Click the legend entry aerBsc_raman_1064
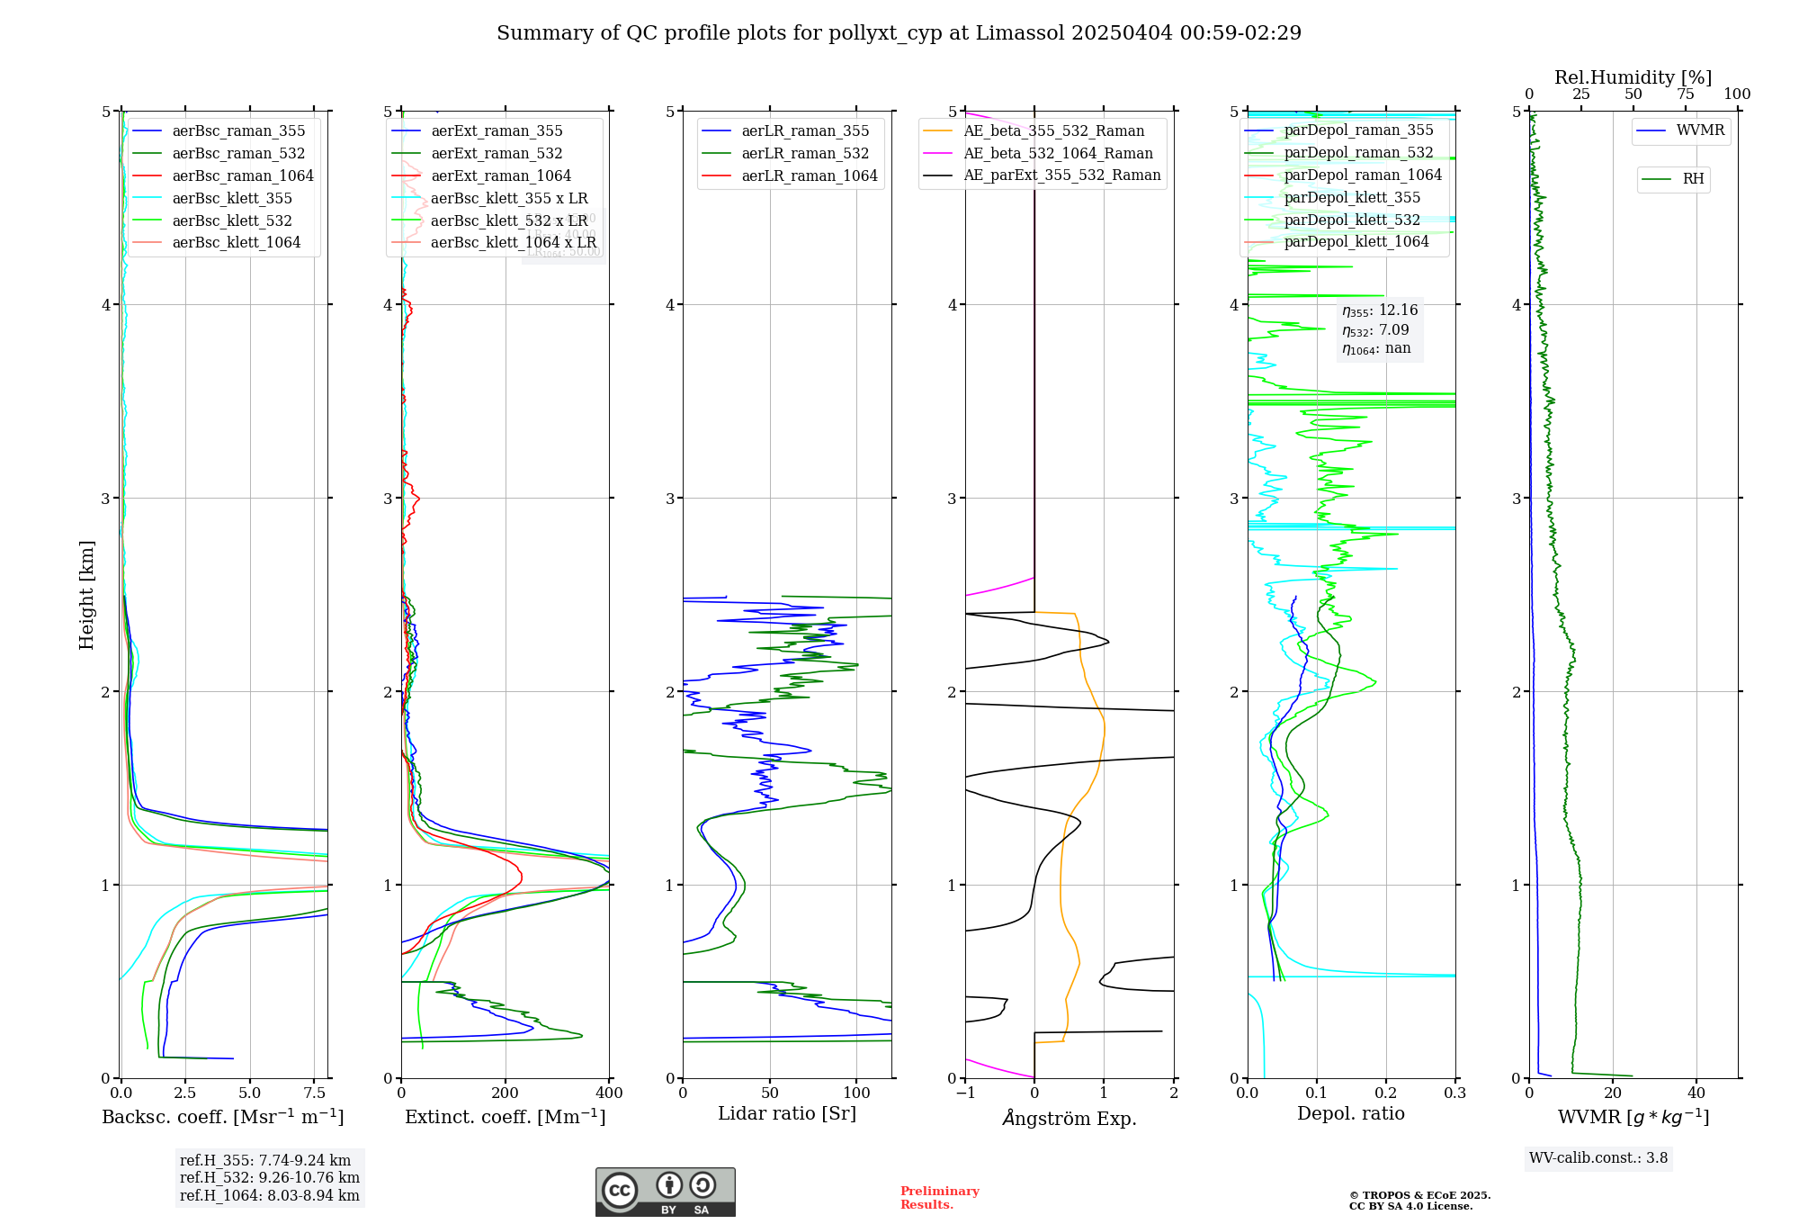click(x=243, y=175)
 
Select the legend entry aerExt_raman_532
click(x=497, y=153)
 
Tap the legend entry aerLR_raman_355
click(x=805, y=130)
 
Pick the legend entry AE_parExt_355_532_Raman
click(x=1061, y=175)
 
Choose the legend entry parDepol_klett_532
click(x=1352, y=220)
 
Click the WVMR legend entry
click(x=1700, y=130)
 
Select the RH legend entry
click(x=1693, y=179)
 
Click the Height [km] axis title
click(x=86, y=595)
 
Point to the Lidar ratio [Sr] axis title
click(x=787, y=1113)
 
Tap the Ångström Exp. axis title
click(x=1070, y=1118)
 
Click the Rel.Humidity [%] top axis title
click(x=1633, y=77)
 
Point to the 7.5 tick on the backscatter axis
click(x=314, y=1093)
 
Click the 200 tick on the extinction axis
click(x=506, y=1093)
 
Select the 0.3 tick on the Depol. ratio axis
click(x=1454, y=1093)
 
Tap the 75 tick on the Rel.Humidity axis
click(x=1685, y=94)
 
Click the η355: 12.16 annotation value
click(x=1380, y=310)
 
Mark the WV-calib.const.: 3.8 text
click(x=1598, y=1158)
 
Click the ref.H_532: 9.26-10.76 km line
click(x=270, y=1177)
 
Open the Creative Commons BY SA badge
click(x=666, y=1192)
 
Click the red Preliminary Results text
click(x=939, y=1197)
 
